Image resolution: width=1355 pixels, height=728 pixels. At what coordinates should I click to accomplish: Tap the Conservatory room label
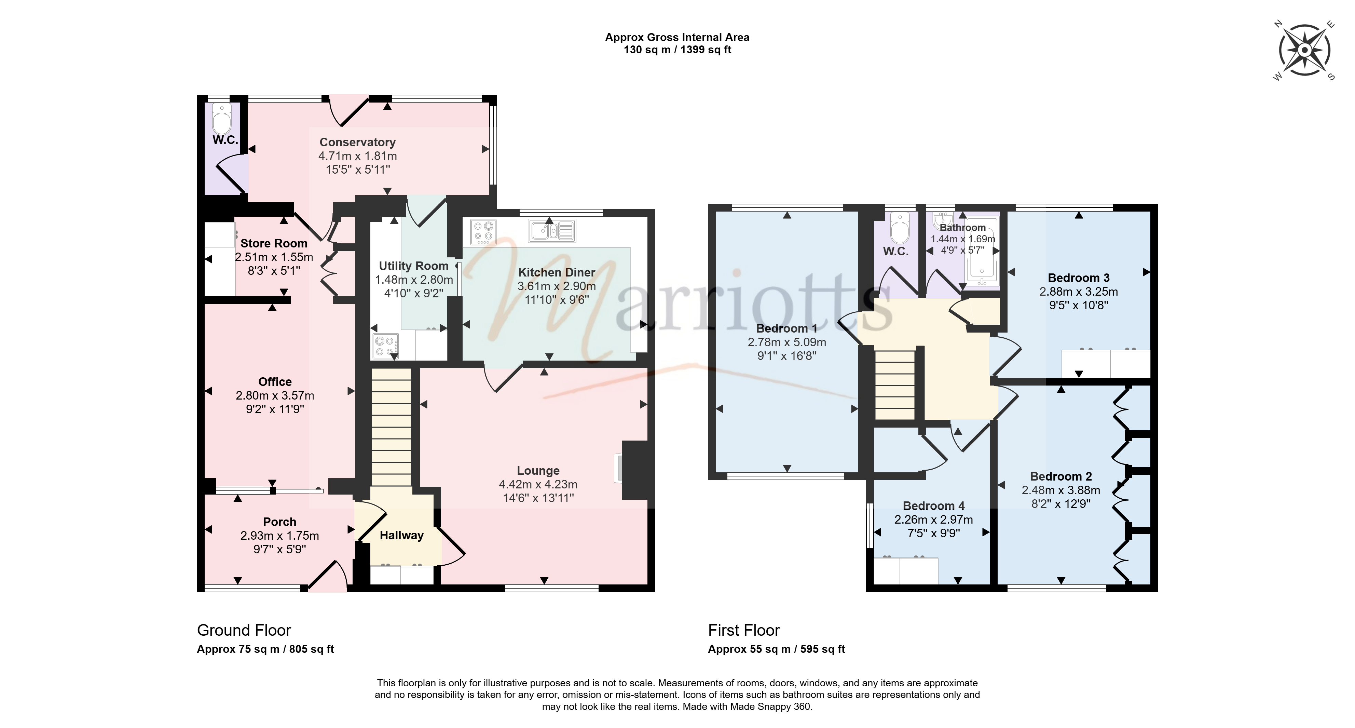(x=358, y=142)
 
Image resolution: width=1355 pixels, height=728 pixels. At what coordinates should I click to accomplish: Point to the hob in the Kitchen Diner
(x=483, y=232)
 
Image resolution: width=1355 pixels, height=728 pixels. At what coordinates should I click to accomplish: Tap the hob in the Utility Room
(x=385, y=346)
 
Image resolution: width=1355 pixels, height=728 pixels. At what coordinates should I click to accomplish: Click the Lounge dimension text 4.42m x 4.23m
(x=538, y=484)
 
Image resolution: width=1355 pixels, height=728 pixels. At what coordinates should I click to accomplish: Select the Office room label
(x=275, y=382)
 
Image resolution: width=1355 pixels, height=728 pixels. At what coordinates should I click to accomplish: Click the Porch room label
(x=280, y=522)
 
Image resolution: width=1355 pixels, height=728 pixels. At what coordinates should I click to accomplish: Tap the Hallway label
(x=402, y=535)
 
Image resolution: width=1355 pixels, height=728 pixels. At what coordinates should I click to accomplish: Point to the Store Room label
(x=274, y=243)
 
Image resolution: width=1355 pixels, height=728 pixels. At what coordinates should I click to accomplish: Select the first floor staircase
(x=895, y=385)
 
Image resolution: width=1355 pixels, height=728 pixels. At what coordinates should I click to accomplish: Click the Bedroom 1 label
(x=787, y=328)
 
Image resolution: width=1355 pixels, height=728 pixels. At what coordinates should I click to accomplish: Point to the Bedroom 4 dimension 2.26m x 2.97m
(x=934, y=520)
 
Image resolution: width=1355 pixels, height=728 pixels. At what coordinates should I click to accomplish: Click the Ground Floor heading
(x=244, y=630)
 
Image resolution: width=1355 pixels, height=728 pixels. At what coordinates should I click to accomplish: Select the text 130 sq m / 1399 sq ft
(x=677, y=50)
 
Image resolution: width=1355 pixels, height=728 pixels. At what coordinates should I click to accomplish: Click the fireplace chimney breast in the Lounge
(x=635, y=470)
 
